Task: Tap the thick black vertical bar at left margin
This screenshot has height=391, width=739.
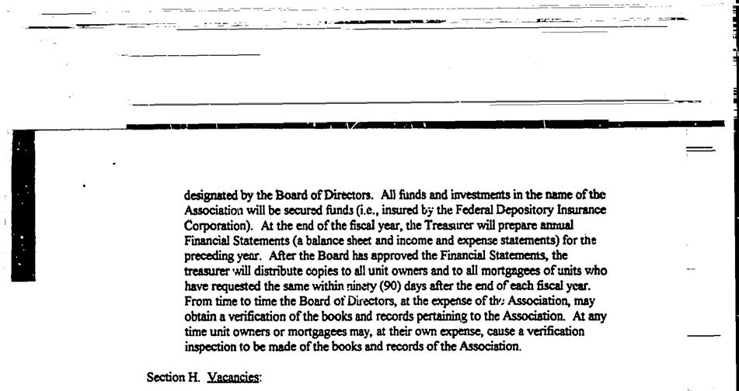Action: tap(25, 206)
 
